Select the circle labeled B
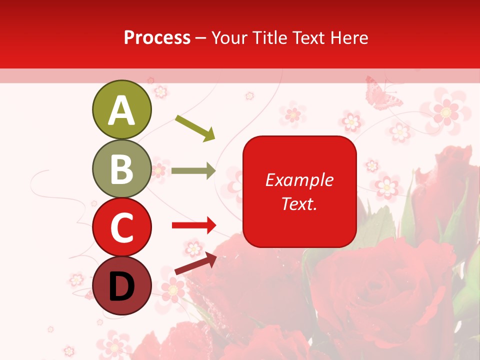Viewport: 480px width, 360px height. coord(121,168)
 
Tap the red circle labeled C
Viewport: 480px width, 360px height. coord(121,227)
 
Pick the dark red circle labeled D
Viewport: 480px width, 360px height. coord(121,286)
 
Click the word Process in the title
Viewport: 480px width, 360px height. coord(157,37)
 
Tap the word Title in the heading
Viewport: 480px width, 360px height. coord(267,37)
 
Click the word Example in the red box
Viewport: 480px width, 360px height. coord(299,180)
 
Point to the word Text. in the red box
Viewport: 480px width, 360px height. coord(299,203)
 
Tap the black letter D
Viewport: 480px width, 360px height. coord(121,287)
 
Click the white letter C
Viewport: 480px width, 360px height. coord(121,228)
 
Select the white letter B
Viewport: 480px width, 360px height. coord(121,169)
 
